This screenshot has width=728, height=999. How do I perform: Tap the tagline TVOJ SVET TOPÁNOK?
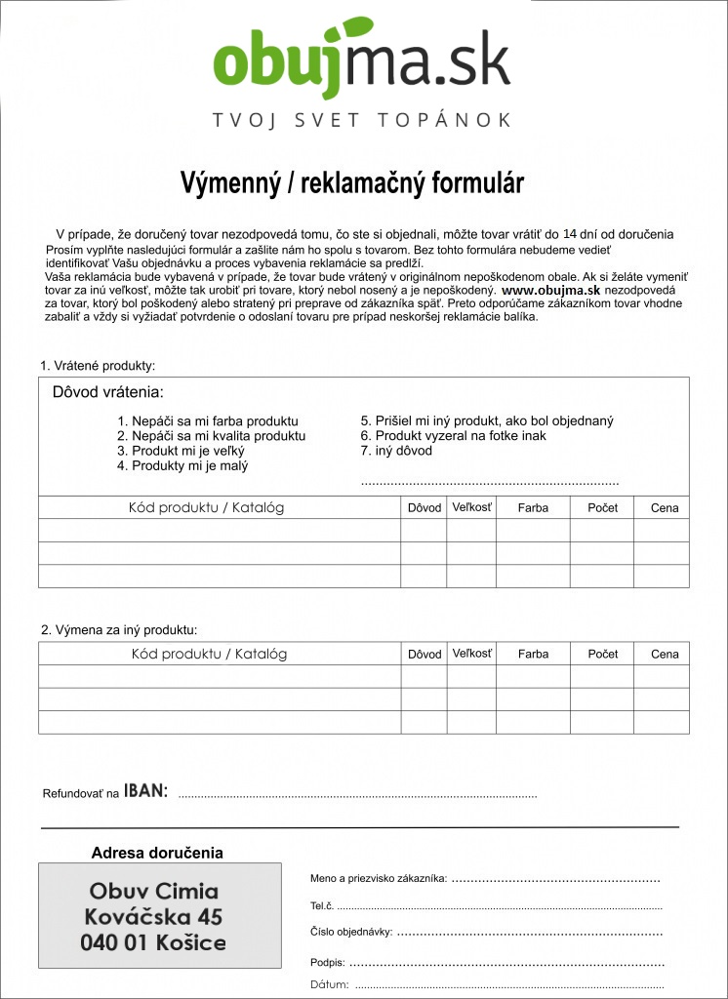(x=362, y=120)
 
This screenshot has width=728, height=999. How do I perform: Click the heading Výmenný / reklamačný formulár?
(x=352, y=183)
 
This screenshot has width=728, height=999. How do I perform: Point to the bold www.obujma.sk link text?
(x=550, y=291)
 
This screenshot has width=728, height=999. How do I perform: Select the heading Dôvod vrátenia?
(x=107, y=393)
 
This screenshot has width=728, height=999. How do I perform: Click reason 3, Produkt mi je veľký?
(x=182, y=452)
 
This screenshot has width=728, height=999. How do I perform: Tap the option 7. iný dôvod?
(x=396, y=451)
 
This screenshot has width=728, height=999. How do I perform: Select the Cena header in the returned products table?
(x=665, y=508)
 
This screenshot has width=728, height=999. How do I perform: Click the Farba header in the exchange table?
(x=533, y=654)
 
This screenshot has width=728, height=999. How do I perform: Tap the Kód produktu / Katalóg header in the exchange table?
(x=209, y=654)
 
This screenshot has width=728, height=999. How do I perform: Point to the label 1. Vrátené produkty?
(x=98, y=366)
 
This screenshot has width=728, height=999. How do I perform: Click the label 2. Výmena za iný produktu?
(x=119, y=630)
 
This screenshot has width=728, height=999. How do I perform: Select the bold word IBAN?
(x=145, y=791)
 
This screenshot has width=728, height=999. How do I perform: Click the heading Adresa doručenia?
(x=157, y=853)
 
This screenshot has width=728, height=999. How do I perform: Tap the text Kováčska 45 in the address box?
(x=153, y=917)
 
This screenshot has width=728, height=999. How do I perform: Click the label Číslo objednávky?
(x=351, y=933)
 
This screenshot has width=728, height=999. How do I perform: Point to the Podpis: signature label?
(x=327, y=963)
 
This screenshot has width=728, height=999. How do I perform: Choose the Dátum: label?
(x=329, y=984)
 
